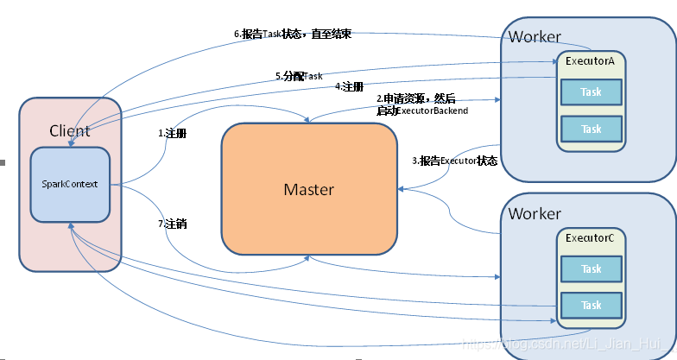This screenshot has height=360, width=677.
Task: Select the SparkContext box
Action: pyautogui.click(x=70, y=185)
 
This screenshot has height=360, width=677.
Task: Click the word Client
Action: pyautogui.click(x=70, y=131)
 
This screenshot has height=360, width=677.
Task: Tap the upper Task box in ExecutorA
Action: pyautogui.click(x=592, y=92)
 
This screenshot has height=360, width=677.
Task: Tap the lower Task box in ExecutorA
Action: pyautogui.click(x=592, y=129)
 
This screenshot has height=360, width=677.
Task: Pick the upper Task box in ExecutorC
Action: pyautogui.click(x=592, y=268)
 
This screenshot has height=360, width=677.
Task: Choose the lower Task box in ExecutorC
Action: pyautogui.click(x=592, y=305)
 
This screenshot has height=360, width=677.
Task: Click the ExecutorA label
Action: pyautogui.click(x=591, y=62)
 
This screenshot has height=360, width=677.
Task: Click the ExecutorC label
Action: pyautogui.click(x=591, y=237)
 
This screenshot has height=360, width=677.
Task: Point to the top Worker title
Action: pyautogui.click(x=535, y=37)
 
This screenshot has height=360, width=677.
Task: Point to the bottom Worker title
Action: pyautogui.click(x=535, y=213)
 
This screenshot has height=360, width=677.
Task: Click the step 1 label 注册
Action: pyautogui.click(x=173, y=134)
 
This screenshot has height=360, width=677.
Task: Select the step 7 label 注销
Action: pyautogui.click(x=173, y=224)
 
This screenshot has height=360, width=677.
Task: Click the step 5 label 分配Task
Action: pyautogui.click(x=299, y=76)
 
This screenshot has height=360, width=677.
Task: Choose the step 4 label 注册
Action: pyautogui.click(x=349, y=86)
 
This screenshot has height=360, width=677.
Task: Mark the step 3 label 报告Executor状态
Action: pyautogui.click(x=454, y=161)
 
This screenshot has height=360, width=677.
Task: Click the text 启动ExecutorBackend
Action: pyautogui.click(x=422, y=111)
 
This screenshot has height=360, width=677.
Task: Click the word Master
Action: pyautogui.click(x=309, y=189)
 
